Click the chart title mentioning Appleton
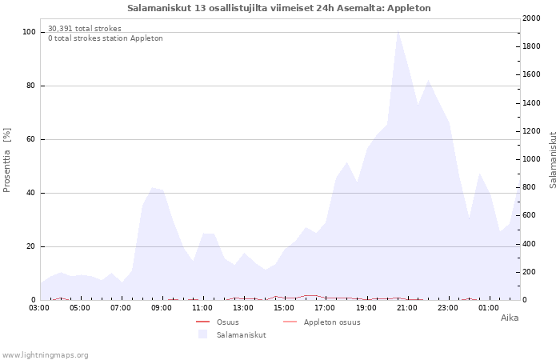(279, 8)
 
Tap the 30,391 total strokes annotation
(85, 29)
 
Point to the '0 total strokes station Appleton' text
(106, 38)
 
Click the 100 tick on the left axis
(30, 32)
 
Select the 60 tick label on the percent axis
(30, 139)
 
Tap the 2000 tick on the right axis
(531, 18)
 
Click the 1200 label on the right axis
(531, 131)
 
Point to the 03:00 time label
(39, 308)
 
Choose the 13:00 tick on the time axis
(243, 308)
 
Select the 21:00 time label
(406, 308)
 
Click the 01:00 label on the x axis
(489, 308)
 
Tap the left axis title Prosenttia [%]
(6, 160)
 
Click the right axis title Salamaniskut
(553, 160)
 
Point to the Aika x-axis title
(510, 318)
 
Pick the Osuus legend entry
(217, 322)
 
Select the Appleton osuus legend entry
(322, 322)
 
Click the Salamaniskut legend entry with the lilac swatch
(232, 335)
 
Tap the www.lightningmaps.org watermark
(45, 355)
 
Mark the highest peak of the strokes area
(398, 30)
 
